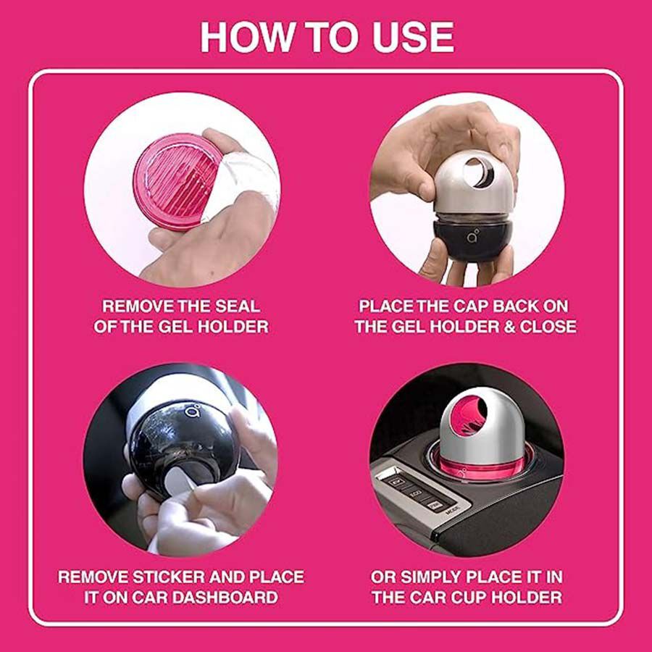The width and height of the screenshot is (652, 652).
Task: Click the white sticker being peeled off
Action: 178,484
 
